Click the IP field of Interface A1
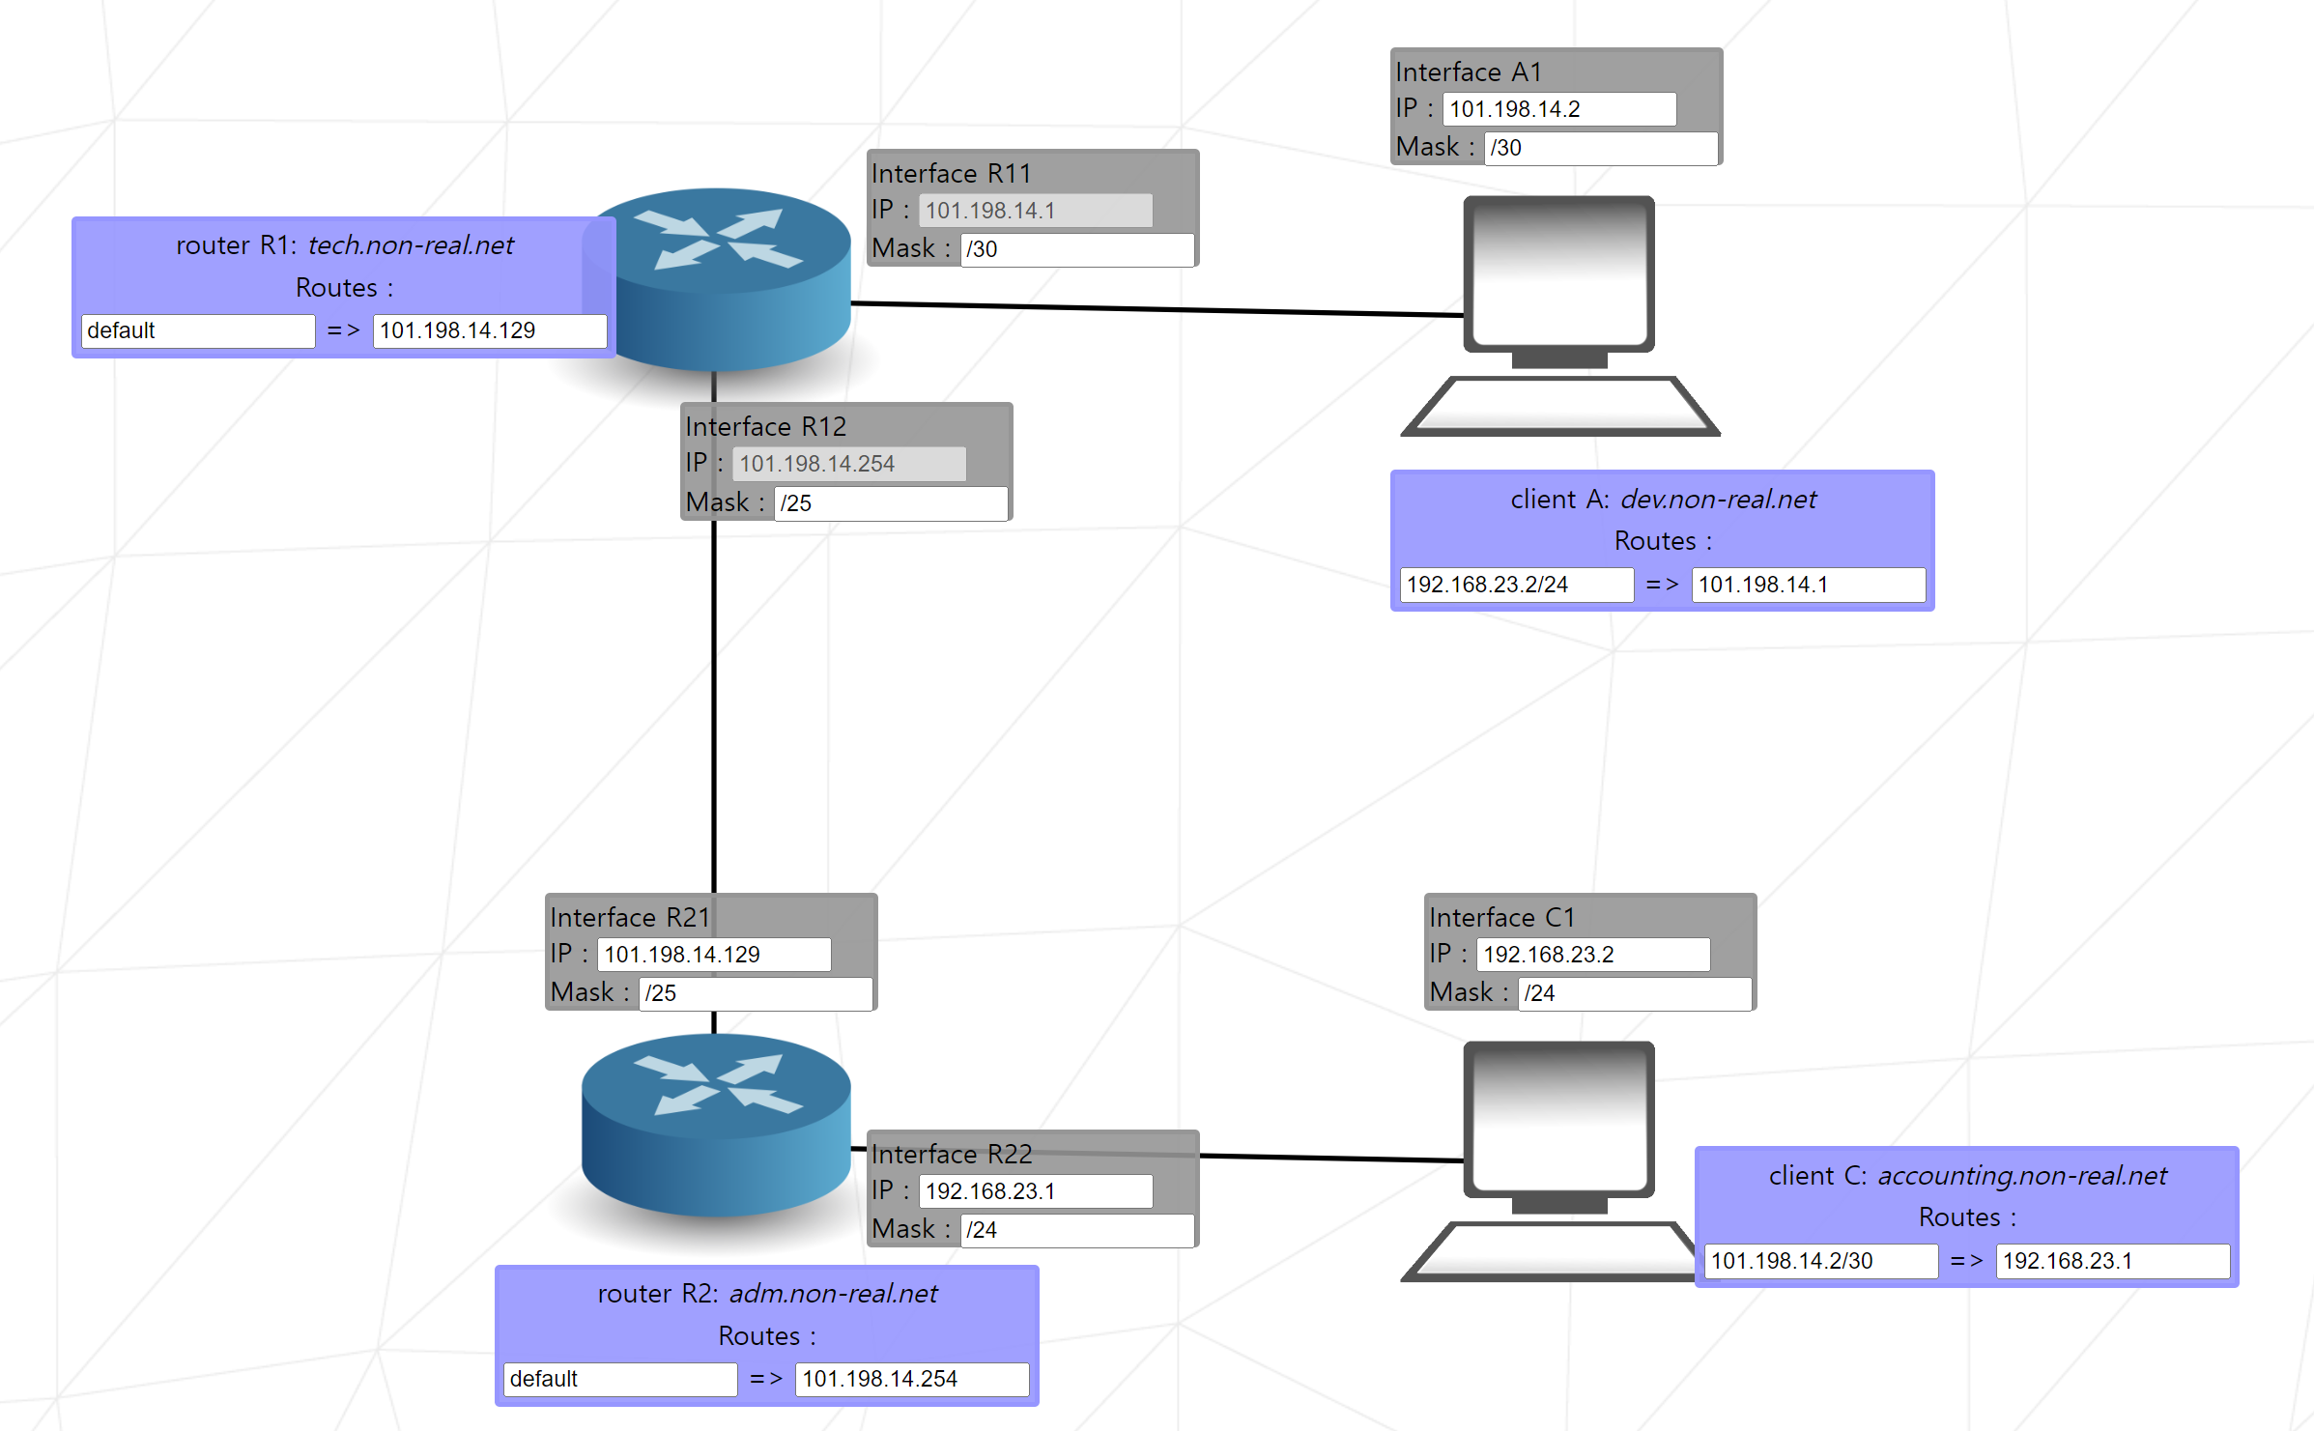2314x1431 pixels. click(x=1558, y=109)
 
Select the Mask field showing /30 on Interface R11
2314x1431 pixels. click(x=1076, y=249)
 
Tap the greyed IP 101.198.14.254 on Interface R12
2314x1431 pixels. click(x=848, y=464)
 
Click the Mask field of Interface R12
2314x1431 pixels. click(x=890, y=503)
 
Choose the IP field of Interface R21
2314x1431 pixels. click(x=713, y=955)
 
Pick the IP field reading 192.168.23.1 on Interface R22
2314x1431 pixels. click(x=1035, y=1191)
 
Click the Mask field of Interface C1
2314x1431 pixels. click(x=1634, y=993)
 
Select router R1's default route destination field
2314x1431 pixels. click(x=198, y=330)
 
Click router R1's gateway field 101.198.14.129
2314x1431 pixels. click(x=489, y=330)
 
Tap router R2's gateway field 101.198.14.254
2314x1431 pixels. click(x=911, y=1379)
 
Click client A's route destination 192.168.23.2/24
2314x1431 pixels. click(x=1516, y=585)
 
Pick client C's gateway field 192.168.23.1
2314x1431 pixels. click(x=2112, y=1261)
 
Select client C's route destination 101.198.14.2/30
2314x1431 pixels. click(x=1820, y=1261)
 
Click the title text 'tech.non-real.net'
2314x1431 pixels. click(x=411, y=245)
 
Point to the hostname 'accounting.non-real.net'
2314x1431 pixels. click(x=2021, y=1176)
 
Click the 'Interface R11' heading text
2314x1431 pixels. click(x=951, y=174)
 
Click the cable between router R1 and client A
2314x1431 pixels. click(x=1159, y=309)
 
